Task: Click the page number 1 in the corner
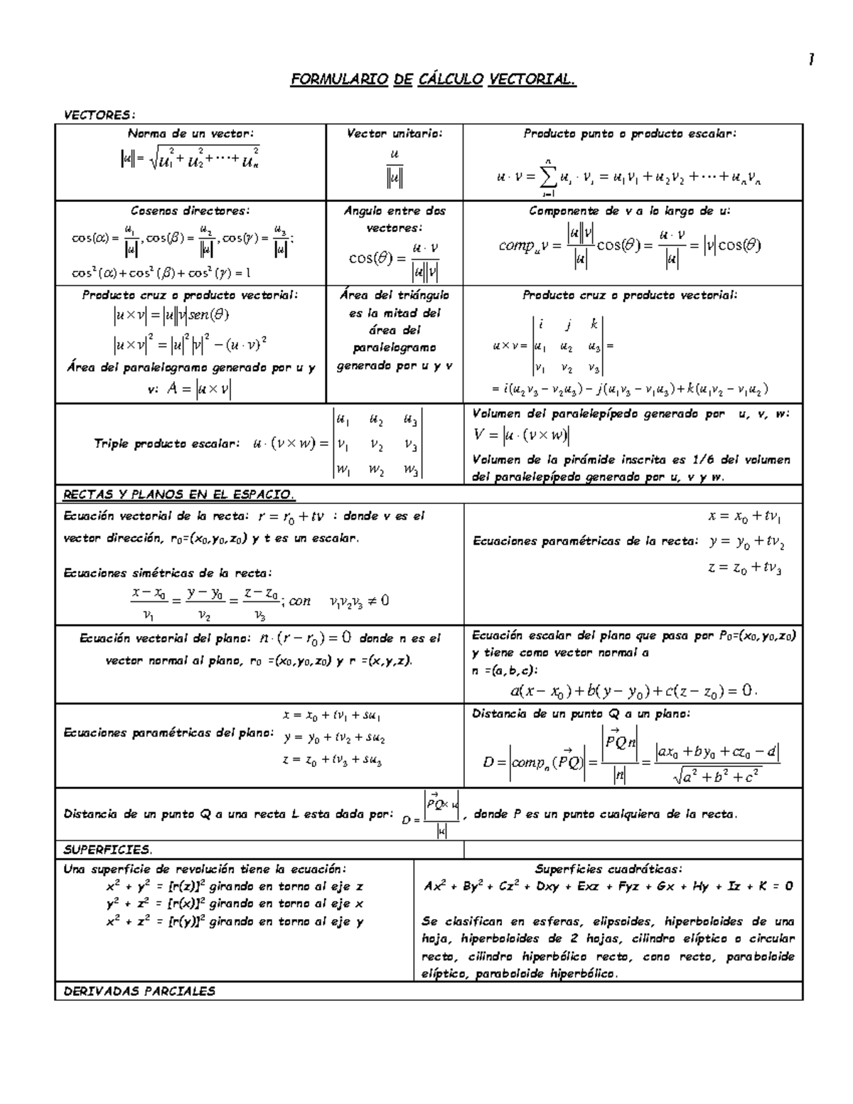(x=810, y=60)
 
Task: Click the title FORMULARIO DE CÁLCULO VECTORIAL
(x=433, y=80)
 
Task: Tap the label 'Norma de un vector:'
(x=190, y=134)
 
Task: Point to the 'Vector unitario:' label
(x=394, y=134)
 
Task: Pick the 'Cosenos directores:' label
(x=190, y=211)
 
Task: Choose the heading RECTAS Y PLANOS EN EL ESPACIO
(x=178, y=494)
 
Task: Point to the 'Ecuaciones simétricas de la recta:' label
(x=167, y=573)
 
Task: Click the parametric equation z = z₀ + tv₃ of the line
(x=744, y=568)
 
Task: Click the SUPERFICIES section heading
(x=107, y=850)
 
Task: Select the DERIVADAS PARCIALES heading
(x=139, y=991)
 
